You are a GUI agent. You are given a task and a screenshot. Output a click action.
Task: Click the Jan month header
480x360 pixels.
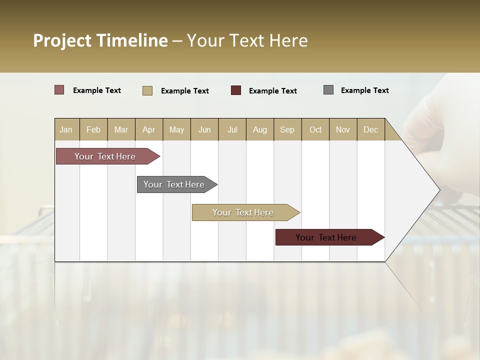click(x=66, y=129)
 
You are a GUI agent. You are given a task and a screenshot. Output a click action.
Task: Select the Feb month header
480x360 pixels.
click(x=93, y=129)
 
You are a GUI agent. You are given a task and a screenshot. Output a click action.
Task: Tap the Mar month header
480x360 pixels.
click(x=121, y=129)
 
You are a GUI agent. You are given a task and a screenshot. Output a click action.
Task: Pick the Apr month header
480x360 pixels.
click(x=149, y=129)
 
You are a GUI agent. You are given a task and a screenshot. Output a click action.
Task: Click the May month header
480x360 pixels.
click(x=176, y=129)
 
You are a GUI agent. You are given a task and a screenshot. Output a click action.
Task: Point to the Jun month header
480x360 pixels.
click(x=204, y=129)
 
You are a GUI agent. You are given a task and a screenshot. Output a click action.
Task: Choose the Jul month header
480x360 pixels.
click(x=232, y=129)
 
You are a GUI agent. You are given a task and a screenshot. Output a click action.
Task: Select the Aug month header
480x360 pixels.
click(x=260, y=129)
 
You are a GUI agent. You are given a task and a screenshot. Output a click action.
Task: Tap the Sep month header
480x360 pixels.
click(x=287, y=129)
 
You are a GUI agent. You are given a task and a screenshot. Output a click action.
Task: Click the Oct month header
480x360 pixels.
click(x=315, y=129)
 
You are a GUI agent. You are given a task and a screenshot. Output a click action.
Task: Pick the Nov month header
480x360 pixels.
click(x=343, y=129)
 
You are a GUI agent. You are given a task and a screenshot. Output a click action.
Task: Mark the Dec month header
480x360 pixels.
click(x=371, y=129)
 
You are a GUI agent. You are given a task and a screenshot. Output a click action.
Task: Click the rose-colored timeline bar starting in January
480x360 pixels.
click(x=105, y=156)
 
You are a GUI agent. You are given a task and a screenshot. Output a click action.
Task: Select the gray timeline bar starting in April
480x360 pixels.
click(x=174, y=184)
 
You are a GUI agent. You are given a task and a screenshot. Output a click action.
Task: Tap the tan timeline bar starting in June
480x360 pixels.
click(x=243, y=212)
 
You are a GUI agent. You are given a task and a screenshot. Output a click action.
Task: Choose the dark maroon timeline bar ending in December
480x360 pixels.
click(x=326, y=237)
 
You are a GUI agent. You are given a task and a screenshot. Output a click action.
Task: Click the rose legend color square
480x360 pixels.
click(x=59, y=90)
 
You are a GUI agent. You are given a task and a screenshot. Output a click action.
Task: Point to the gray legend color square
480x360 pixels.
click(x=328, y=90)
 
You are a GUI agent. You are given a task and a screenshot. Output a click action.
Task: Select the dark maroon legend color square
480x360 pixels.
click(x=236, y=90)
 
